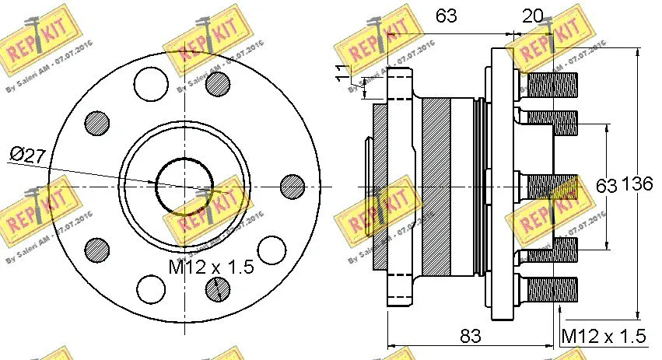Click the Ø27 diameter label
(28, 156)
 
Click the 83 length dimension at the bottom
(470, 336)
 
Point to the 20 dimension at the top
(532, 15)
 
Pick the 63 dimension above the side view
(446, 15)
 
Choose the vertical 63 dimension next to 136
(605, 186)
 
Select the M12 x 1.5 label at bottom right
(604, 336)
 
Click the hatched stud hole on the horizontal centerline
(292, 186)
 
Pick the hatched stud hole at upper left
(96, 121)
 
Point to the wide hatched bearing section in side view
(436, 186)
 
